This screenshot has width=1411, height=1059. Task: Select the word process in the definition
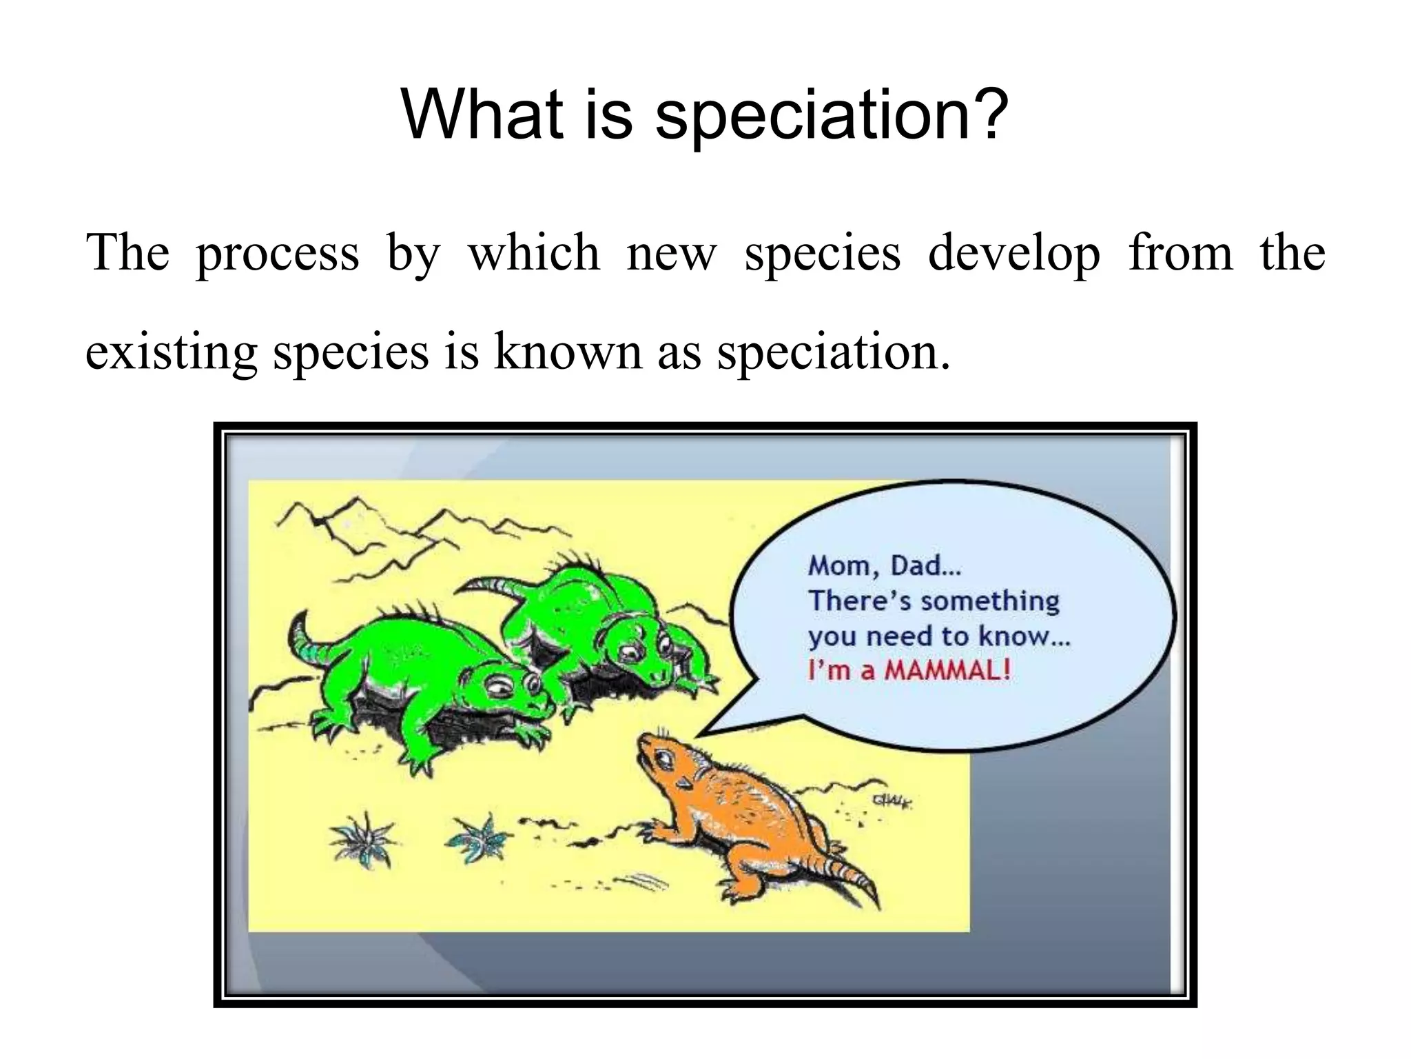pyautogui.click(x=277, y=254)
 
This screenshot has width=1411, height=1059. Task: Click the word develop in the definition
pyautogui.click(x=1013, y=254)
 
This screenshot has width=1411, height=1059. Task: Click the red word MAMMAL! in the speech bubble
pyautogui.click(x=947, y=670)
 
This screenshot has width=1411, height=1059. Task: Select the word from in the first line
pyautogui.click(x=1180, y=254)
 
